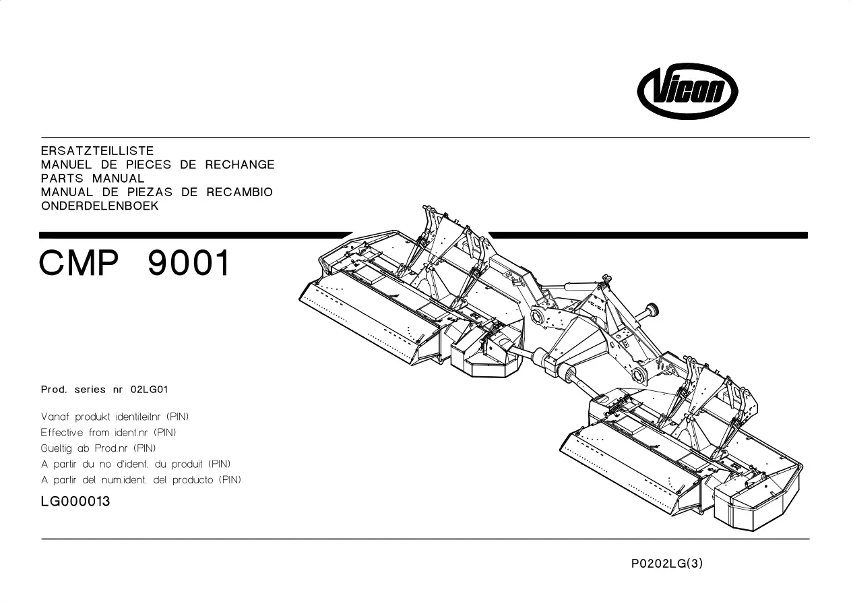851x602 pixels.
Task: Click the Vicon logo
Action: tap(687, 91)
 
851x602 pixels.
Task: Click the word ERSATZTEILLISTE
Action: tap(97, 151)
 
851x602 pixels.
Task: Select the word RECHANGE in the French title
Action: tap(240, 164)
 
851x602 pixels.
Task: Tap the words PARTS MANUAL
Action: tap(93, 178)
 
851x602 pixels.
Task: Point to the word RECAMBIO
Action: tap(239, 192)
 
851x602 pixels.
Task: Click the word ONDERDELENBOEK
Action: tap(100, 206)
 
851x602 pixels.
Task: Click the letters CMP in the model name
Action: tap(79, 263)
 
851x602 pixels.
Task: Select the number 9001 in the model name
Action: tap(189, 263)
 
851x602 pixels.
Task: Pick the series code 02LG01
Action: tap(149, 390)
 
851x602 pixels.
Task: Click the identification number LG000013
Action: tap(75, 502)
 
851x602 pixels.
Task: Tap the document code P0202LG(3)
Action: tap(667, 563)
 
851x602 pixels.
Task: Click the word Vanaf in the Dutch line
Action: tap(55, 417)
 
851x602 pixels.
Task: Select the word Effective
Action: tap(61, 433)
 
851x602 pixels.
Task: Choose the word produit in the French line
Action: tap(187, 464)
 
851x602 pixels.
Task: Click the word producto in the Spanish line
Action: tap(193, 480)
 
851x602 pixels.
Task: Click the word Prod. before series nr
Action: tap(54, 390)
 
